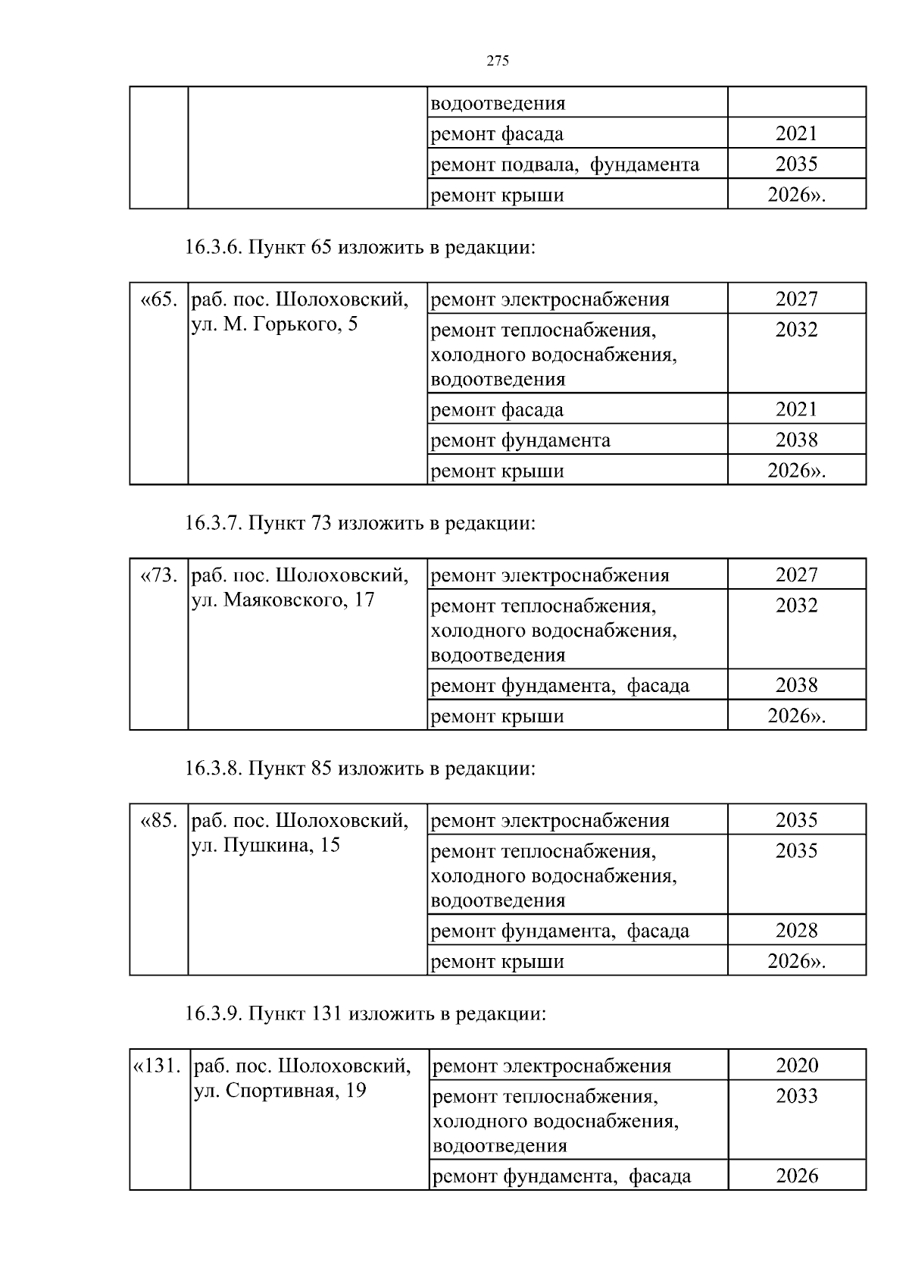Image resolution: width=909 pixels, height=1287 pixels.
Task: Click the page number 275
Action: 497,61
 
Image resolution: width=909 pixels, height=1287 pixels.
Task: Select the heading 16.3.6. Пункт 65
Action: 360,248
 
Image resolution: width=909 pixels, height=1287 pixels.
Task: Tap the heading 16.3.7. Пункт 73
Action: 360,524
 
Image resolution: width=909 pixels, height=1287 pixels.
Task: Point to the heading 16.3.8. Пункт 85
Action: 360,769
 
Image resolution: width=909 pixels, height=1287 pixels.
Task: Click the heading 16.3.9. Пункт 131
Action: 365,1014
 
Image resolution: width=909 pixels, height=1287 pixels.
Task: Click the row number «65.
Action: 159,299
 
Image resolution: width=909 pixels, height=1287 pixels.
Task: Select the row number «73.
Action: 159,575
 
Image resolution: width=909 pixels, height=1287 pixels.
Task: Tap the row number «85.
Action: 159,821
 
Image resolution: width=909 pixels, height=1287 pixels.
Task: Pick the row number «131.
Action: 158,1066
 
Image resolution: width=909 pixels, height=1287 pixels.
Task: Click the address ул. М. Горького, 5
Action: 275,325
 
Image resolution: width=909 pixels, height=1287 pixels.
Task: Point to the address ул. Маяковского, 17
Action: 283,601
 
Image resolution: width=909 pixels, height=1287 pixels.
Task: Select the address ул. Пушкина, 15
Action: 266,846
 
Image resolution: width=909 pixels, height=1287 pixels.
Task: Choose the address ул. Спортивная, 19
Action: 280,1091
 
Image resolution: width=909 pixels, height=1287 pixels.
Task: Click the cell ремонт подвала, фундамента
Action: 564,164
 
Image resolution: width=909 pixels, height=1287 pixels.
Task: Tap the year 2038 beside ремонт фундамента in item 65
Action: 796,440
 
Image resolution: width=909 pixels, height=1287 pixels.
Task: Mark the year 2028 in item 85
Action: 796,930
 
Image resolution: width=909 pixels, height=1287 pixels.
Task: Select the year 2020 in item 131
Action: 797,1066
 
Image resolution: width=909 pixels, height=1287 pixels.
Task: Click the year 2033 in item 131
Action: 797,1096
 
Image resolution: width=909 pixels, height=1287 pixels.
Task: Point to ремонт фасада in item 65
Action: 497,410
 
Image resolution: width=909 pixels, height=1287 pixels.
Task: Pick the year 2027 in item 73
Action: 796,575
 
